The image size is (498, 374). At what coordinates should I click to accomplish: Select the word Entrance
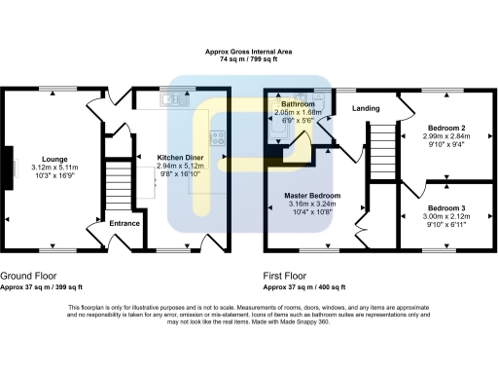tap(124, 223)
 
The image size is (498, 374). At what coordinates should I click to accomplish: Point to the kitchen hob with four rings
tap(221, 137)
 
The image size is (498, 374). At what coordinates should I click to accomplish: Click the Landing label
tap(366, 107)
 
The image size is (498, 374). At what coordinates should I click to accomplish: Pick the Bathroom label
tap(298, 103)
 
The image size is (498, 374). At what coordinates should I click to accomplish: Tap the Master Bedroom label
tap(312, 195)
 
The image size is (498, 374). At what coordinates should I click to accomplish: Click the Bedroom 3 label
tap(446, 208)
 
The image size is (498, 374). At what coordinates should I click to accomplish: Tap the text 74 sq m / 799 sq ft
tap(248, 59)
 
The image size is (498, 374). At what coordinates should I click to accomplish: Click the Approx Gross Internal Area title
tap(248, 52)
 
